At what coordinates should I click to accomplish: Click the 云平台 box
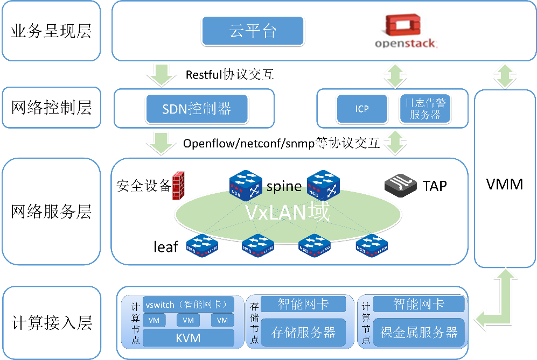point(253,31)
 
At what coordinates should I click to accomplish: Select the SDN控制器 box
point(197,109)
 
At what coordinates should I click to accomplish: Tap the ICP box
point(362,109)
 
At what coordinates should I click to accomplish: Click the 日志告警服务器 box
point(425,109)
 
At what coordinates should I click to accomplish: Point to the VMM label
point(504,185)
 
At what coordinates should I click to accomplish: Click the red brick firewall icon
point(179,186)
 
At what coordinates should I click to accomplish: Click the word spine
point(284,186)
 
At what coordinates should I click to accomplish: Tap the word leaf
point(165,246)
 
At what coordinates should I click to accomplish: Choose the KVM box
point(188,338)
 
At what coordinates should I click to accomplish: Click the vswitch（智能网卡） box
point(188,305)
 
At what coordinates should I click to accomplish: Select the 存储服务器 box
point(303,332)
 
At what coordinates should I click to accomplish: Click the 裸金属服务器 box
point(419,332)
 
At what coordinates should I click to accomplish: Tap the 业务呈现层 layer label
point(51,31)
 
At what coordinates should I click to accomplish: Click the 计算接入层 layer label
point(52,323)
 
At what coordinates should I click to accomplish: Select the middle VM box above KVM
point(188,321)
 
